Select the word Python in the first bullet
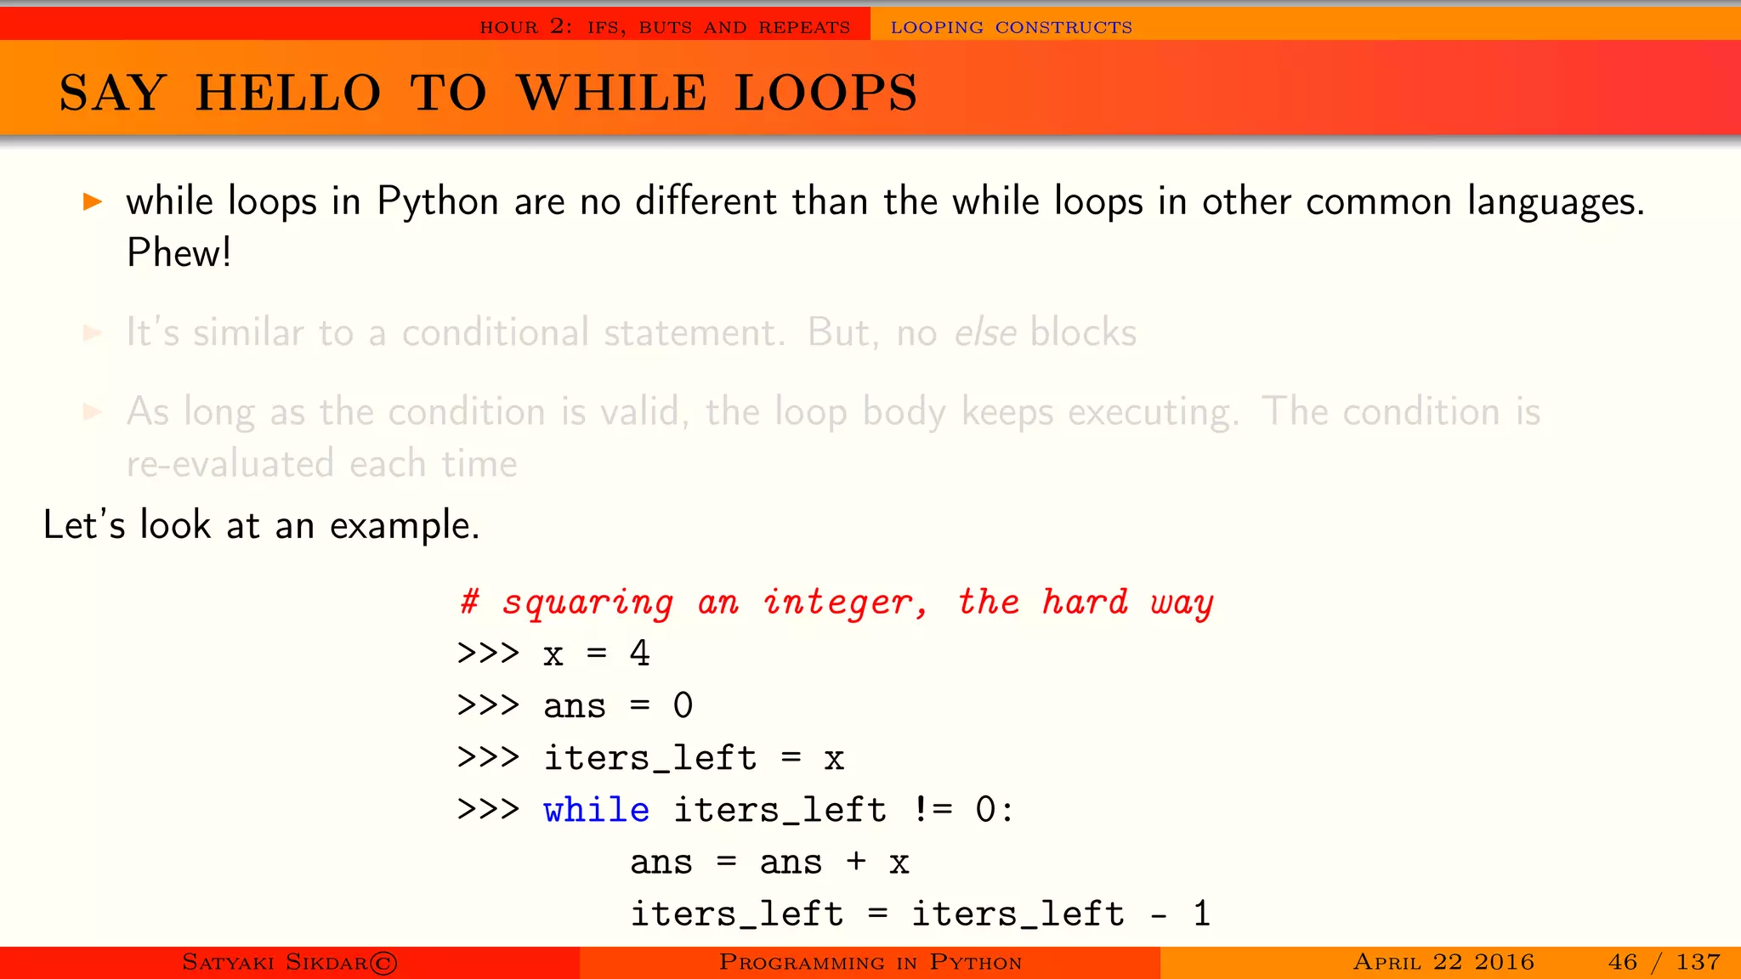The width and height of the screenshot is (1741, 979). point(438,202)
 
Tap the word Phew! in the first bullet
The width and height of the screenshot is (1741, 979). point(179,253)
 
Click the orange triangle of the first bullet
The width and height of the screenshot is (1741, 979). point(93,201)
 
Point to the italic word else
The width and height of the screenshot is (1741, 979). point(985,332)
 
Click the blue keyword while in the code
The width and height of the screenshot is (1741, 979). point(596,810)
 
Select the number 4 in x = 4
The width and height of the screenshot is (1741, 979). point(639,654)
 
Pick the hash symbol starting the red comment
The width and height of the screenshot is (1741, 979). point(469,602)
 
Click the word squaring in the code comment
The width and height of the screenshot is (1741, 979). point(587,603)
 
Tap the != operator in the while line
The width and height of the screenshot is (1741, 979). point(933,810)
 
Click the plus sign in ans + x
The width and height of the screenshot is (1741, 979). point(856,863)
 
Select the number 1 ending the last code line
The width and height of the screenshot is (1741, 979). point(1201,914)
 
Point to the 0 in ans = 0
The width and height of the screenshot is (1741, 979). point(683,705)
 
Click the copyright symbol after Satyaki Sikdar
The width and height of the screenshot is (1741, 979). point(383,963)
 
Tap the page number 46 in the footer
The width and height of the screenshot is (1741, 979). point(1622,962)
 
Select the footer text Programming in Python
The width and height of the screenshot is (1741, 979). point(870,962)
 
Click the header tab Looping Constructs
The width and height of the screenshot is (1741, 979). point(1011,27)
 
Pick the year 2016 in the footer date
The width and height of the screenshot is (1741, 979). point(1504,962)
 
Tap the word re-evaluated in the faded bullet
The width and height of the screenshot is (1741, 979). point(230,465)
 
